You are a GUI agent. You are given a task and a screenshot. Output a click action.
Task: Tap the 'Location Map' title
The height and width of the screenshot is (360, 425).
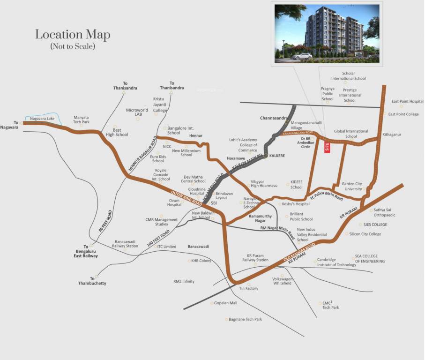(x=73, y=35)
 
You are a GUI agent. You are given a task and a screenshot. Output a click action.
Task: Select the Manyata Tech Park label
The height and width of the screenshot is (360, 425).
(x=81, y=120)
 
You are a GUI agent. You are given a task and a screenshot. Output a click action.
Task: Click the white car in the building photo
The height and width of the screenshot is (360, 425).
(x=302, y=56)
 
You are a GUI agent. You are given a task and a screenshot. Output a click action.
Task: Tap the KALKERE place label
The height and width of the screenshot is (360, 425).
(x=277, y=156)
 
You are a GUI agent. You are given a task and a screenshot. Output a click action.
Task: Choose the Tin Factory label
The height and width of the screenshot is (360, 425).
(x=249, y=288)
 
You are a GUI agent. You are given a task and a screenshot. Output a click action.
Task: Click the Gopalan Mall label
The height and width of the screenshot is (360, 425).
(x=226, y=303)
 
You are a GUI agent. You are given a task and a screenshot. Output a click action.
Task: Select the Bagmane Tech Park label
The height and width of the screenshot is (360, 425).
(x=245, y=319)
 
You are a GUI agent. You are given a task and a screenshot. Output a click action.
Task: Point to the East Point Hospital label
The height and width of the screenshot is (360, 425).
(x=407, y=101)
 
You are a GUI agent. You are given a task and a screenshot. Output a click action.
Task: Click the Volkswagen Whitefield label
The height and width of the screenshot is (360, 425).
(x=282, y=281)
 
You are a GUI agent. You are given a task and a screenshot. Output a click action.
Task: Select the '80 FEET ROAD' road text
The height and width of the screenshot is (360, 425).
(x=105, y=223)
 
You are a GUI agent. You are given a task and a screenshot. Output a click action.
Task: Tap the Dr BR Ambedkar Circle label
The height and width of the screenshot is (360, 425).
(x=309, y=142)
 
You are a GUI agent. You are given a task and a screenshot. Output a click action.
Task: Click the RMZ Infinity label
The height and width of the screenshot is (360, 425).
(x=184, y=281)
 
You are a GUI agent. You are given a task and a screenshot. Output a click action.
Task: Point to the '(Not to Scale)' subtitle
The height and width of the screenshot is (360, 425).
(x=73, y=47)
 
